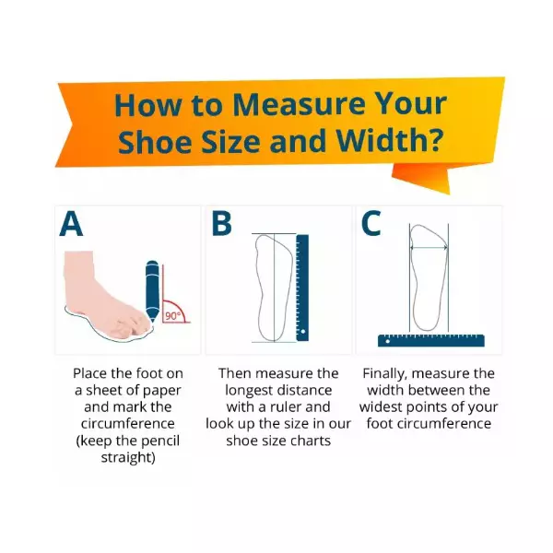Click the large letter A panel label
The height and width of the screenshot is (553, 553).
[71, 224]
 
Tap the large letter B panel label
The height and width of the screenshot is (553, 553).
[221, 223]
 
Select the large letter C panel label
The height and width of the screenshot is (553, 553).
[371, 223]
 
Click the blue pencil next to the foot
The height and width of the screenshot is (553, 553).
[152, 290]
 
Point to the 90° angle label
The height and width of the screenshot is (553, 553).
[172, 316]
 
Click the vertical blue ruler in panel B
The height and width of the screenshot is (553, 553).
[302, 288]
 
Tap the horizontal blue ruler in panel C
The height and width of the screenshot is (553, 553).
[431, 340]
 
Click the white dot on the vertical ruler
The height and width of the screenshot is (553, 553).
[302, 331]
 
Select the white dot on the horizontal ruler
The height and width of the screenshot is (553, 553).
[387, 341]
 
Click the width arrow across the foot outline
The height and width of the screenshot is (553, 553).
[429, 248]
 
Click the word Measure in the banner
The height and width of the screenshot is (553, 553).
[299, 104]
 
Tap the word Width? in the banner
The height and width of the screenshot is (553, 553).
[389, 140]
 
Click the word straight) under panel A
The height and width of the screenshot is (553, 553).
[128, 457]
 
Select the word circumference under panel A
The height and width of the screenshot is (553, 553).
[128, 424]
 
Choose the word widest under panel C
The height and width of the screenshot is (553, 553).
[381, 407]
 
